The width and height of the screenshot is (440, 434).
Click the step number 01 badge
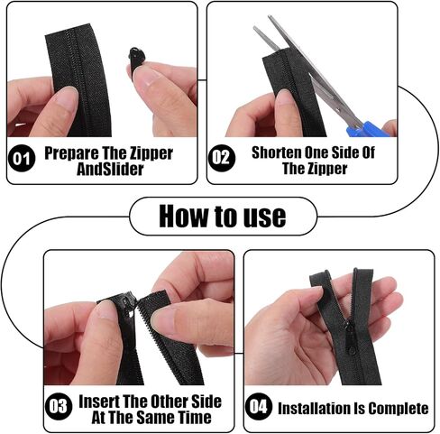point(22,158)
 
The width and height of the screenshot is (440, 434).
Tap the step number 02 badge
point(222,158)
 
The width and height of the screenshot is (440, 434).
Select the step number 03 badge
point(59,406)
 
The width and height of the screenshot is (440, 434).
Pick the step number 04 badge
point(259,406)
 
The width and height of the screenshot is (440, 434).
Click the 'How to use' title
point(223,217)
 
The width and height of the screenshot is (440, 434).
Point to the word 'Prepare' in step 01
point(71,153)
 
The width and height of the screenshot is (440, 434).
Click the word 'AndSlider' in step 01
point(110,169)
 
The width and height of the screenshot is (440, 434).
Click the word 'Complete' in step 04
point(399,409)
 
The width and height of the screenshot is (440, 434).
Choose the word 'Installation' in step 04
point(313,409)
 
